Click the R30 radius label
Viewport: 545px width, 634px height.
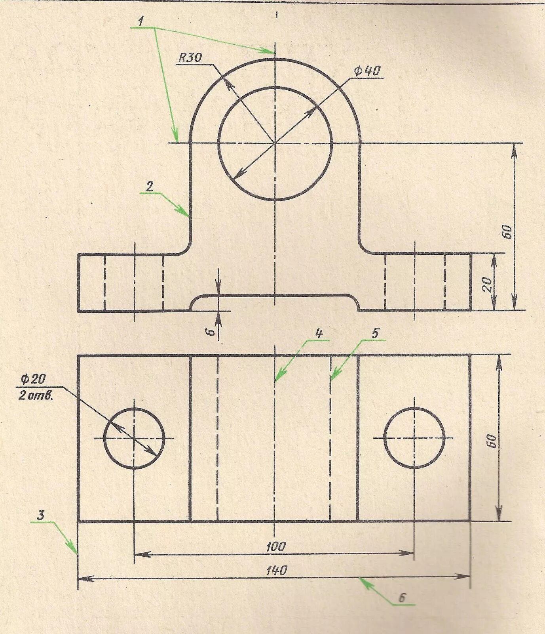pyautogui.click(x=190, y=58)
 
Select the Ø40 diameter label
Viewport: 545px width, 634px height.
pyautogui.click(x=367, y=71)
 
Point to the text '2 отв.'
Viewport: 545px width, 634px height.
pyautogui.click(x=36, y=395)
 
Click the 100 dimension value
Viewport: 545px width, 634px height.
pyautogui.click(x=275, y=546)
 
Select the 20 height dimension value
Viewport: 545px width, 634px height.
pyautogui.click(x=488, y=284)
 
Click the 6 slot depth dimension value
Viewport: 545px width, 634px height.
pyautogui.click(x=212, y=331)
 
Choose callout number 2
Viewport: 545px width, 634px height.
pyautogui.click(x=149, y=187)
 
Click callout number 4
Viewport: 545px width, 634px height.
pyautogui.click(x=318, y=334)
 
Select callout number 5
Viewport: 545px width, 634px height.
pyautogui.click(x=375, y=334)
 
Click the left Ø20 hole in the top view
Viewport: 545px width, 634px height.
pyautogui.click(x=134, y=438)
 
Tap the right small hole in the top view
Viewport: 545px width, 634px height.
pyautogui.click(x=414, y=438)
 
